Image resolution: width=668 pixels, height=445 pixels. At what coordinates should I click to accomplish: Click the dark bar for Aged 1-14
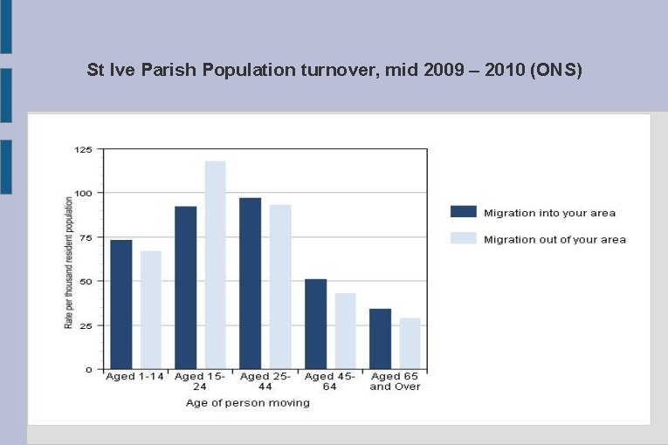[x=121, y=304]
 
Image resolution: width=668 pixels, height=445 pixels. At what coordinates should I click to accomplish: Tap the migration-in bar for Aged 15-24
[x=186, y=287]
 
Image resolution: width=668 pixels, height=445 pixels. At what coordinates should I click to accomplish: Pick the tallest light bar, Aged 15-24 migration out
[x=215, y=264]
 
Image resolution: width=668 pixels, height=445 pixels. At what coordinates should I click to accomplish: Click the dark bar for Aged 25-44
[x=251, y=283]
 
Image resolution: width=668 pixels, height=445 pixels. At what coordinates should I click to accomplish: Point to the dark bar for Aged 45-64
[x=315, y=324]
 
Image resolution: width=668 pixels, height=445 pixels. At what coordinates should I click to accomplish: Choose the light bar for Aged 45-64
[x=346, y=331]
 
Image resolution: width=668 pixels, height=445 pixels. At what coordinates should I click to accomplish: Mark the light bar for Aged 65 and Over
[x=410, y=343]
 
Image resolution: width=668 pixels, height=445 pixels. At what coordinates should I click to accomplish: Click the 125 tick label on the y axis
[x=83, y=149]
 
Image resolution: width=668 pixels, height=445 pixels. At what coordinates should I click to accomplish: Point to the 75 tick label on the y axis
[x=86, y=237]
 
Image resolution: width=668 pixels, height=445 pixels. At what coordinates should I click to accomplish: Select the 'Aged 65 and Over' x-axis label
[x=395, y=381]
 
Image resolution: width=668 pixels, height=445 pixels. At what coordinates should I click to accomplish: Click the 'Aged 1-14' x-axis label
[x=135, y=376]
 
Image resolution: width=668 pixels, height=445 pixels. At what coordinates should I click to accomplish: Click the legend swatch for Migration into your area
[x=463, y=212]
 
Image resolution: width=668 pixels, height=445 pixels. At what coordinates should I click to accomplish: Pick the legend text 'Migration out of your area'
[x=554, y=239]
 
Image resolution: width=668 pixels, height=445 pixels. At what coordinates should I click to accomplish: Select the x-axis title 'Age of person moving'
[x=248, y=402]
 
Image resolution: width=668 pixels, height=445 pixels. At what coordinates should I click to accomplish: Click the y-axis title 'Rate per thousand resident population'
[x=68, y=262]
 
